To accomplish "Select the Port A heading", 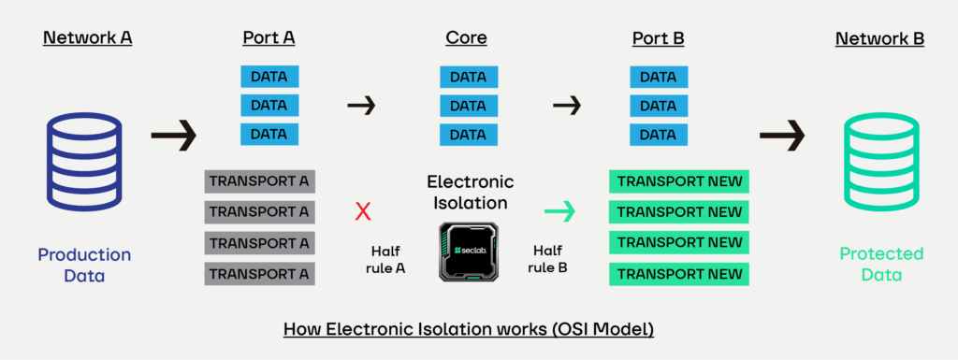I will point(269,38).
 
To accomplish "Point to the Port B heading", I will point(660,38).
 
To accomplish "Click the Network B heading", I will point(879,38).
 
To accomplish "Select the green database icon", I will point(879,161).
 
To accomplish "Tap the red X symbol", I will point(363,212).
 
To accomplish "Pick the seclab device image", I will point(469,252).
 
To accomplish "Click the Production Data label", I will point(84,265).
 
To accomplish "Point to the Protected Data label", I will point(880,265).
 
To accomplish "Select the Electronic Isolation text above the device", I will point(470,192).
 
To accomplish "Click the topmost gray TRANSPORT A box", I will point(259,181).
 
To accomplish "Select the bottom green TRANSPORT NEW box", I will point(678,274).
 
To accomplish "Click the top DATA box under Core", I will point(469,77).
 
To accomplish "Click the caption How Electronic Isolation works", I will point(468,331).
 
